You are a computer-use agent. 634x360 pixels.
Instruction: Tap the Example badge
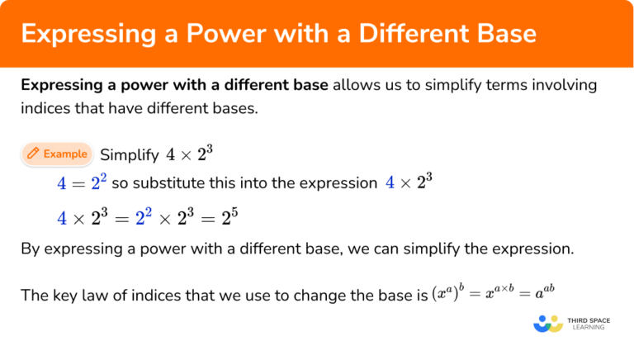pos(56,154)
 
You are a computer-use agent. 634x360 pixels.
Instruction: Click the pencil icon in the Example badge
pos(33,154)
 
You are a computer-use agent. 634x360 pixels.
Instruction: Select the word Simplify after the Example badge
pos(128,154)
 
